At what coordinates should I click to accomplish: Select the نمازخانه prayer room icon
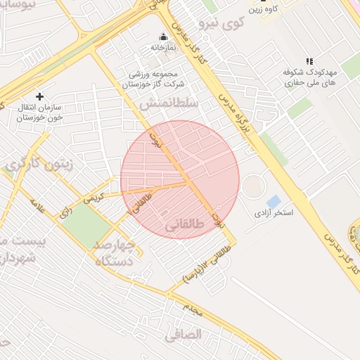tap(163, 37)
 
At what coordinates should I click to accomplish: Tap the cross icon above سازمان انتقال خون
tap(39, 96)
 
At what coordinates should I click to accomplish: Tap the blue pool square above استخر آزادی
tap(273, 202)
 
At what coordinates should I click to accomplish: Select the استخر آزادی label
tap(274, 212)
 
